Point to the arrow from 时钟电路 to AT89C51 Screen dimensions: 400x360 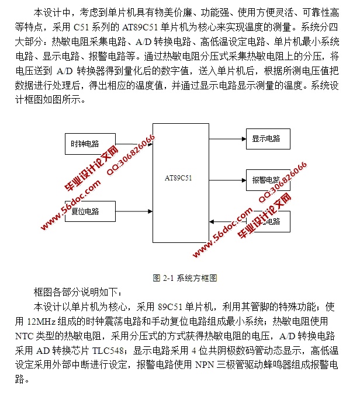coord(134,144)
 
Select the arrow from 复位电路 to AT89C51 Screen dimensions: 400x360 coord(134,211)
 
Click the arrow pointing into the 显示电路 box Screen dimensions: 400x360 coord(227,139)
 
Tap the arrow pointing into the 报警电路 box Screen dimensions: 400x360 coord(227,179)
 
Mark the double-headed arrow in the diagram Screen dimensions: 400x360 coord(227,222)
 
